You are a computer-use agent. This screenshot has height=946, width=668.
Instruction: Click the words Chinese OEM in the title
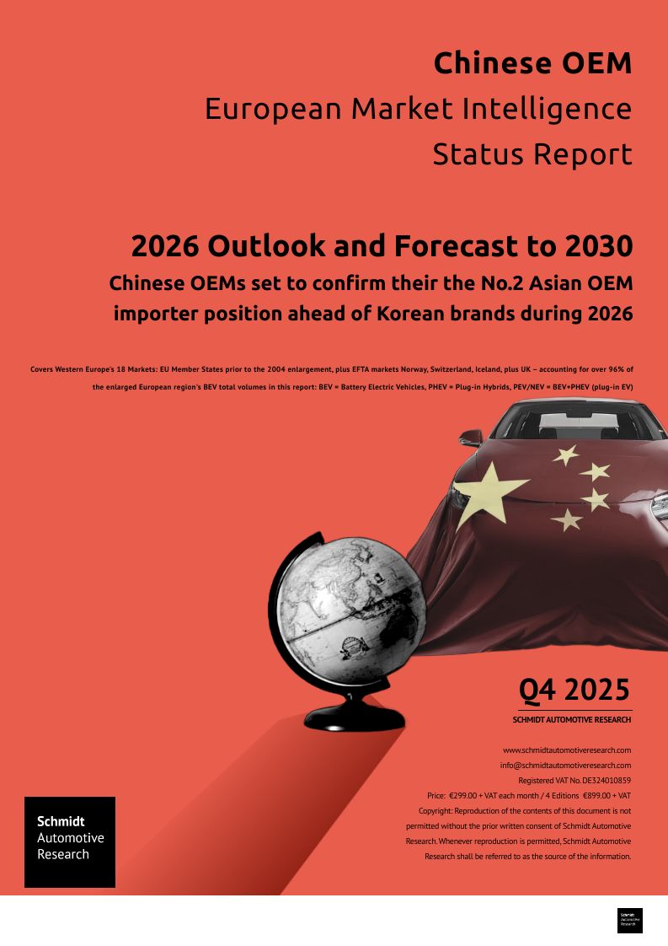[x=532, y=63]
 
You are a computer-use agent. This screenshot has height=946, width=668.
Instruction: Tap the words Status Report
[x=532, y=154]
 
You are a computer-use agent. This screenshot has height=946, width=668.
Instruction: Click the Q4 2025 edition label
[x=574, y=690]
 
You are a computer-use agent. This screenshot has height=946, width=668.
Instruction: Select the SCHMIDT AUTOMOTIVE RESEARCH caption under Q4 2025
[x=571, y=720]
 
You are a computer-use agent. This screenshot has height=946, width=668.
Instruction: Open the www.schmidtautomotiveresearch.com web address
[x=567, y=750]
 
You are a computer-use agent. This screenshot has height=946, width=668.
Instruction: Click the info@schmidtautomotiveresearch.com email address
[x=565, y=765]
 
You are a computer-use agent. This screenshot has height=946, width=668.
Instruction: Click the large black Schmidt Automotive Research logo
[x=70, y=841]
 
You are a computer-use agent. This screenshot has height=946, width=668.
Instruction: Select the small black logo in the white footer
[x=629, y=920]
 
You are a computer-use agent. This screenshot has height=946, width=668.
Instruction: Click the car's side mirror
[x=471, y=438]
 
